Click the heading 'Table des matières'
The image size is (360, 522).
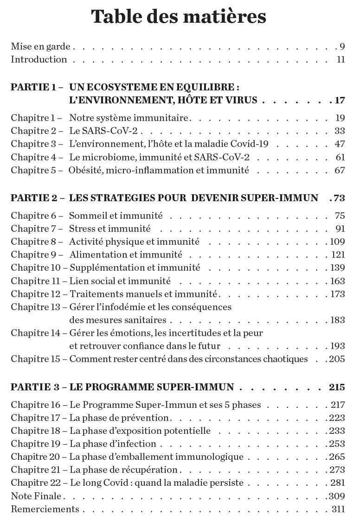tap(179, 17)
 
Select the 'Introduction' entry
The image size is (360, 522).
tap(39, 59)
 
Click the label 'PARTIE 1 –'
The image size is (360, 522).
tap(37, 87)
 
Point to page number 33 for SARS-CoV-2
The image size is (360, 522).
tap(340, 131)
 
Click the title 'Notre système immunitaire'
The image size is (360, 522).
tap(129, 118)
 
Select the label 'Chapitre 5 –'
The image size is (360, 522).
tap(37, 171)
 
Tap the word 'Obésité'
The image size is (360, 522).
tap(85, 171)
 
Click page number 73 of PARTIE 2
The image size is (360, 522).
tap(339, 198)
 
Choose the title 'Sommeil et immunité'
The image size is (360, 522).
tap(116, 216)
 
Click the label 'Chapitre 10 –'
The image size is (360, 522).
tap(39, 268)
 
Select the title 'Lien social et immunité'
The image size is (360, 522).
tap(120, 281)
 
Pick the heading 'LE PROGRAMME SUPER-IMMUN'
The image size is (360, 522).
tap(158, 387)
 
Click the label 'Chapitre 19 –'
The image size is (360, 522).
tap(39, 444)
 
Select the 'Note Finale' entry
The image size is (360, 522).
tap(36, 496)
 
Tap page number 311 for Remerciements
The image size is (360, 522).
tap(338, 509)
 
